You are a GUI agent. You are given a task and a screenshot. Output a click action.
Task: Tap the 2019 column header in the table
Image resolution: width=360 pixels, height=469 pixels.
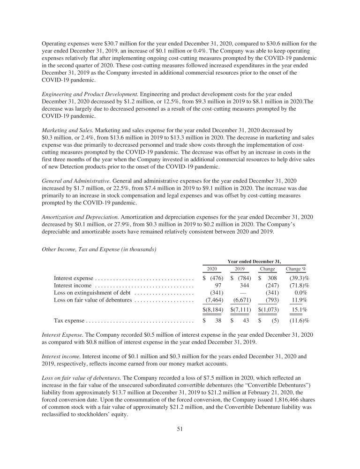tap(240, 269)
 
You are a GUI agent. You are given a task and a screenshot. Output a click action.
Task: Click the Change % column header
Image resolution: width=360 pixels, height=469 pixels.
tap(296, 269)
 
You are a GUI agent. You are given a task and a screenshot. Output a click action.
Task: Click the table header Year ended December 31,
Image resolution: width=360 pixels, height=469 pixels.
tap(254, 261)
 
